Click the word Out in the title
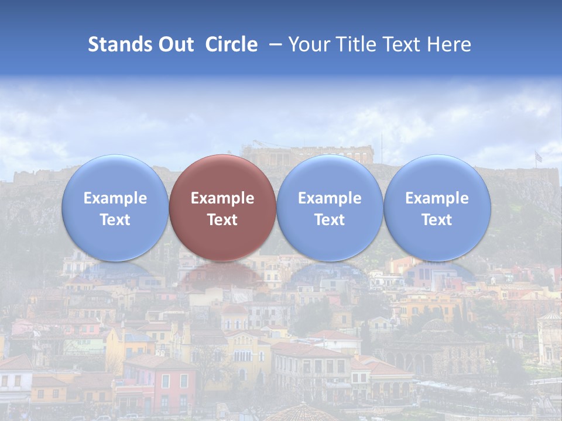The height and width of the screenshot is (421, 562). [x=175, y=44]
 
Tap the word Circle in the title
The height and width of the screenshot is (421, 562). [x=231, y=44]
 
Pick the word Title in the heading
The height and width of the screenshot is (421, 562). [x=355, y=44]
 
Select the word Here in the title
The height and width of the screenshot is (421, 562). [x=448, y=44]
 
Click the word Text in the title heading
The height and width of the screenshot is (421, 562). [x=401, y=44]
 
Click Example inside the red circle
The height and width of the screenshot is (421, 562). [x=222, y=198]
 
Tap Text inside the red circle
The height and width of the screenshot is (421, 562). [x=222, y=220]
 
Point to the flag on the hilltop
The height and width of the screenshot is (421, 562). [x=538, y=157]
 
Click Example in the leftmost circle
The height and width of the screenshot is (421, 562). [x=115, y=198]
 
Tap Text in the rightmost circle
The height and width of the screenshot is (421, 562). [x=437, y=220]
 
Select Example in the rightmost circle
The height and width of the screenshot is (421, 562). [x=437, y=198]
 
